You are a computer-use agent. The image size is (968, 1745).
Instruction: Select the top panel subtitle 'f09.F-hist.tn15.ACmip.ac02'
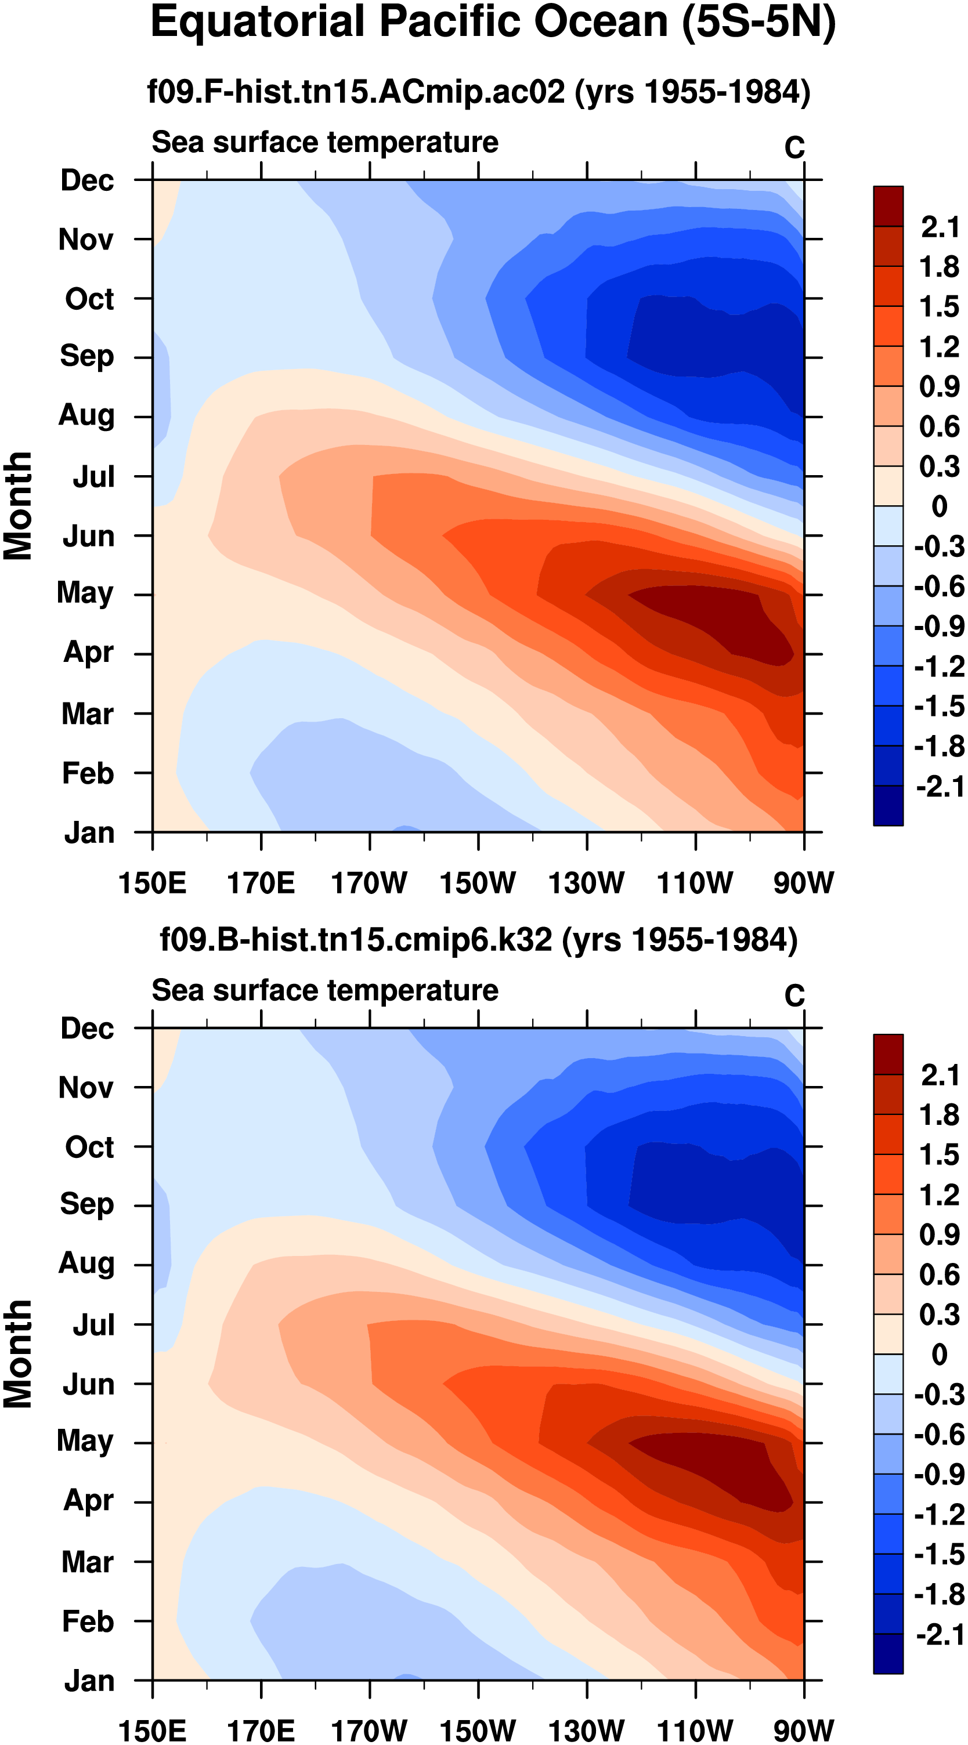pyautogui.click(x=356, y=92)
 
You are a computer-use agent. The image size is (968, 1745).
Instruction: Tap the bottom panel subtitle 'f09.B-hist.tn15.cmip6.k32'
pyautogui.click(x=356, y=940)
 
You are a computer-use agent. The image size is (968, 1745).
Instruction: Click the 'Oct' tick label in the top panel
pyautogui.click(x=89, y=299)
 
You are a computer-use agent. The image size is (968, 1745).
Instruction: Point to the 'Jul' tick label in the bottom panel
pyautogui.click(x=93, y=1324)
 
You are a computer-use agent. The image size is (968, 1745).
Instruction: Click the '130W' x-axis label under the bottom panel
pyautogui.click(x=586, y=1730)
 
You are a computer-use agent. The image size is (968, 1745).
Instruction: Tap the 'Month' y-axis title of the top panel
pyautogui.click(x=19, y=505)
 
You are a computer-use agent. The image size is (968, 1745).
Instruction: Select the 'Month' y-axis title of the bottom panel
pyautogui.click(x=19, y=1353)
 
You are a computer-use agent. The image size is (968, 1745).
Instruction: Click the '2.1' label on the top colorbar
pyautogui.click(x=940, y=227)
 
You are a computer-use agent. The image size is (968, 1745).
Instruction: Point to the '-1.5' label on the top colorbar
pyautogui.click(x=939, y=707)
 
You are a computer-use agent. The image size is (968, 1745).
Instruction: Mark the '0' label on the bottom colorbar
pyautogui.click(x=939, y=1354)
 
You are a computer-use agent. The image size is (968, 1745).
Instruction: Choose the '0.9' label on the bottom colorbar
pyautogui.click(x=939, y=1234)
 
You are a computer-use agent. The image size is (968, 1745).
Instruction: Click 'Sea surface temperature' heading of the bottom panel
pyautogui.click(x=325, y=990)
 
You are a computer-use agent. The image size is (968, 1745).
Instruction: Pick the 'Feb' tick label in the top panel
pyautogui.click(x=88, y=773)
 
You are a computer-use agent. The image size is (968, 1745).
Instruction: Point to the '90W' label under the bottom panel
pyautogui.click(x=803, y=1730)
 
